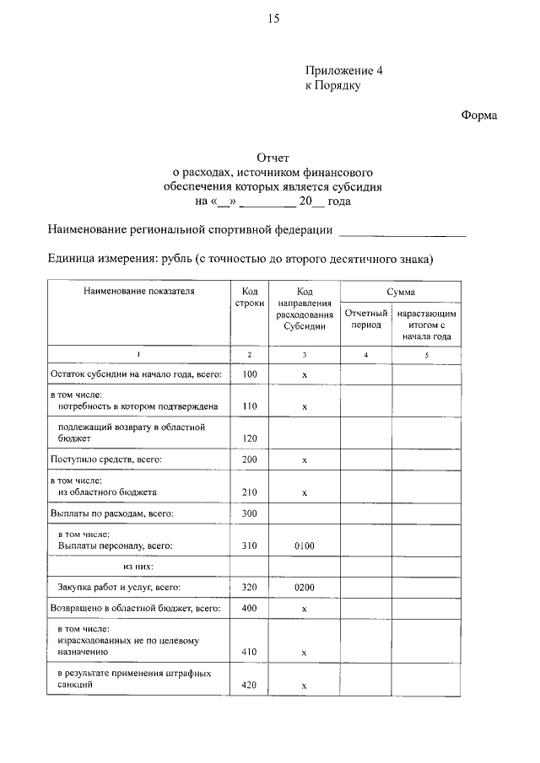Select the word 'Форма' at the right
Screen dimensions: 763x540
[478, 116]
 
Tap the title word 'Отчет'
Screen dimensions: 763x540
[273, 158]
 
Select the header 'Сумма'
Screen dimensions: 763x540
[400, 292]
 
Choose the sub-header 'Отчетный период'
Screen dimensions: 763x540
[365, 319]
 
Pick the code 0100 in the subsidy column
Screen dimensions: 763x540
[304, 547]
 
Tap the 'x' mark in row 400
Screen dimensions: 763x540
[304, 609]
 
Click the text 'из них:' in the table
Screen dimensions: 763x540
[138, 567]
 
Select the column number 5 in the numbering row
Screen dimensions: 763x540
[427, 355]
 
